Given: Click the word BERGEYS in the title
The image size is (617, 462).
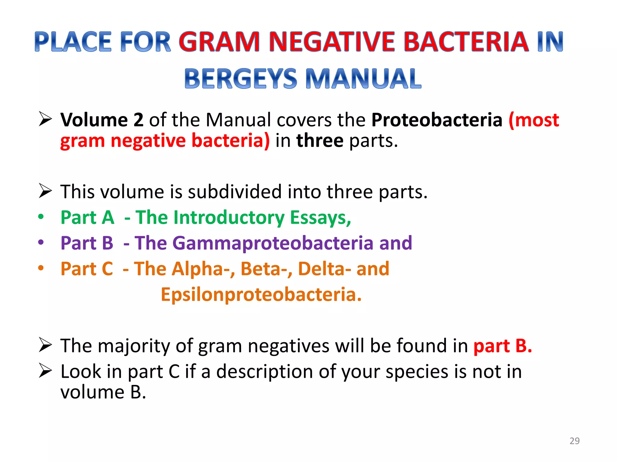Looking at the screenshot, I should point(240,79).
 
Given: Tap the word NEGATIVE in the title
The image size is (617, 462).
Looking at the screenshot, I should point(332,42).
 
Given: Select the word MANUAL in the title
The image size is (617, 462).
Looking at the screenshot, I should point(363,79).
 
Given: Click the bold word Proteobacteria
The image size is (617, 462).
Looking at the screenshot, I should point(437,120).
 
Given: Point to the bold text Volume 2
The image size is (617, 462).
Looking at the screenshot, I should point(102,120).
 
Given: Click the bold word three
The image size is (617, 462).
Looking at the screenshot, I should point(320,140).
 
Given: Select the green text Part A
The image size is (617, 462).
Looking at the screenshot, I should point(87,217).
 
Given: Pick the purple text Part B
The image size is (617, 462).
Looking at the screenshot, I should point(87,243).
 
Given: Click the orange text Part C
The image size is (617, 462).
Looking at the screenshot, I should point(87,269).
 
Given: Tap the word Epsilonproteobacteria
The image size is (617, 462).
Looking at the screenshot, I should point(261,294).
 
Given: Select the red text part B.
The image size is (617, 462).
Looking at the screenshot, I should point(503,346).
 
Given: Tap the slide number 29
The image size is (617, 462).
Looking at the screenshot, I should point(575,441).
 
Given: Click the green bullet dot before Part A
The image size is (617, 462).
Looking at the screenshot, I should point(41,217).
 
